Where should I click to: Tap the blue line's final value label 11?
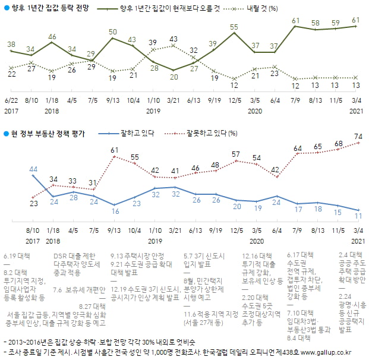(x=358, y=216)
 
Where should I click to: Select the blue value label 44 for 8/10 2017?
(x=33, y=169)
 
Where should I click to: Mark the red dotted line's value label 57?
(x=235, y=154)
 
